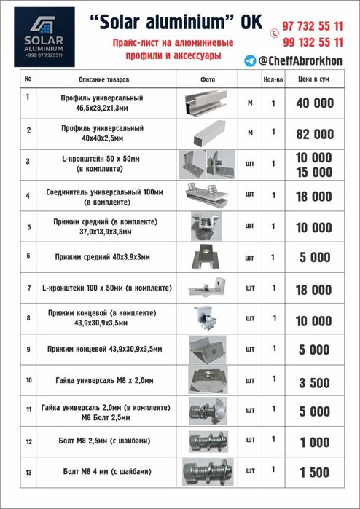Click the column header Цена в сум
coord(314,78)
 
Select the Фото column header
coord(206,78)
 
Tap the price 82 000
coord(314,134)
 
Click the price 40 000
coord(314,103)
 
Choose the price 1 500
coord(314,473)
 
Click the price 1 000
coord(314,442)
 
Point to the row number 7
coord(28,288)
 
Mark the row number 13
coord(28,473)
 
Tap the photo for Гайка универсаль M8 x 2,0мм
coord(206,381)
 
